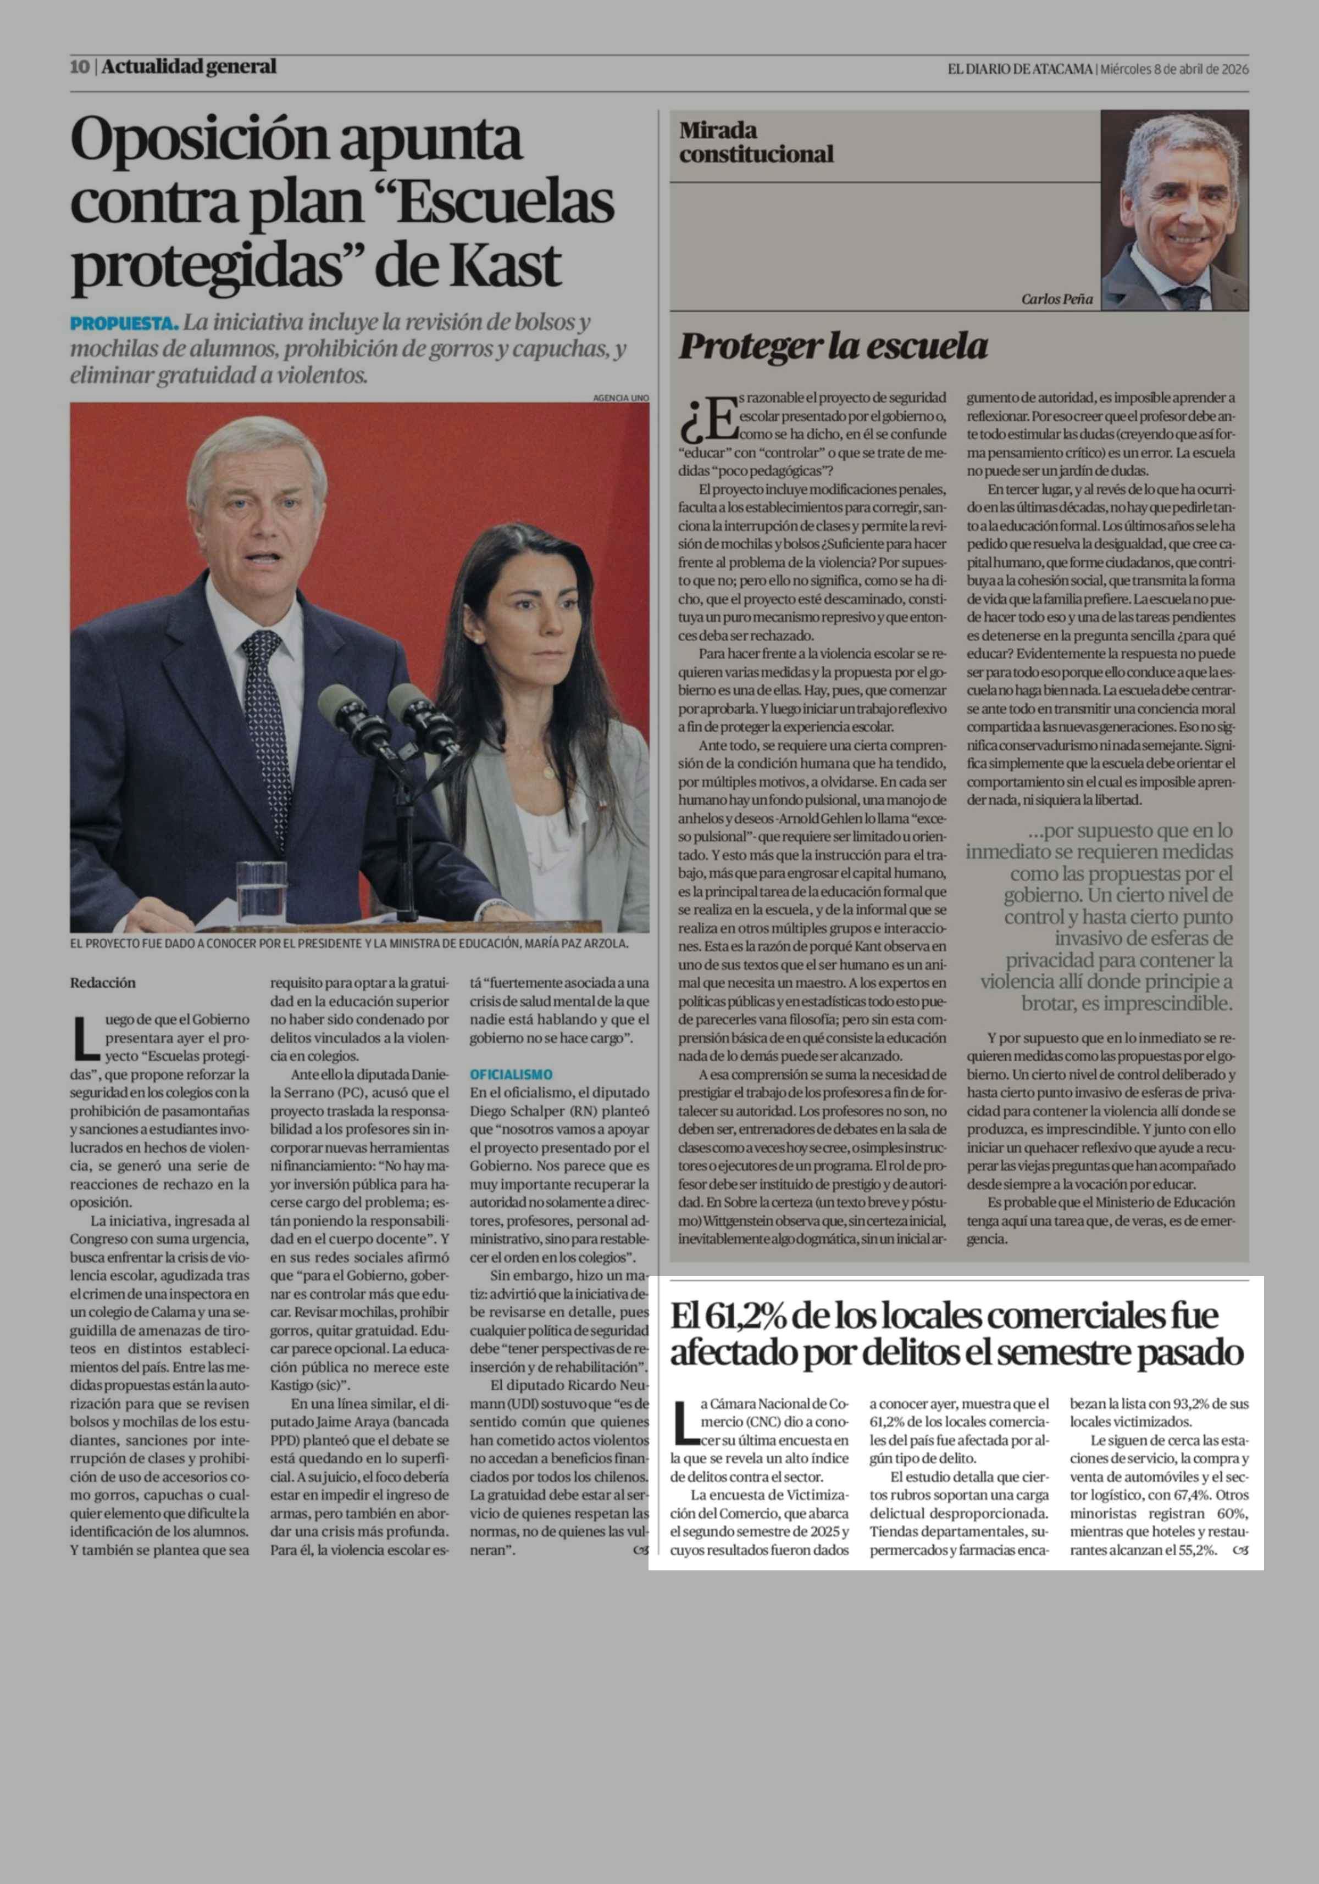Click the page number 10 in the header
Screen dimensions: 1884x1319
click(80, 67)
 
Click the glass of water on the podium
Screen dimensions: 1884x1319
click(261, 887)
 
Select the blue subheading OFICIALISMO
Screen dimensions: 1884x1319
click(511, 1074)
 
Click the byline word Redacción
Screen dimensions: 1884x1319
click(103, 982)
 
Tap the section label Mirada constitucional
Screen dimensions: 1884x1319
click(755, 142)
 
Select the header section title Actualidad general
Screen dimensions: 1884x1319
click(189, 66)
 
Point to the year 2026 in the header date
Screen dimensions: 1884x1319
click(1232, 70)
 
